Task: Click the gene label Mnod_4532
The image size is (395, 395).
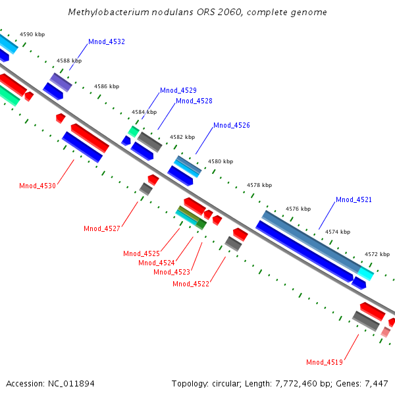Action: click(107, 41)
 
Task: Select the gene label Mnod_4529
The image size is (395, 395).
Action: click(178, 90)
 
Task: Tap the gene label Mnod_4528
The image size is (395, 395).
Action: click(194, 101)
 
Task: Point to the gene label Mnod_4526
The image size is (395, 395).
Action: click(232, 125)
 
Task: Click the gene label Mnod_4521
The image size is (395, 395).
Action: click(354, 199)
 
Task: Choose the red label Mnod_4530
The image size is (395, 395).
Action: click(38, 186)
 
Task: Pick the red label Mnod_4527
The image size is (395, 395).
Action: click(102, 228)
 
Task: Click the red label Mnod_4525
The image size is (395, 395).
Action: click(142, 253)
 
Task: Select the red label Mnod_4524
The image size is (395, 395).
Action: click(157, 263)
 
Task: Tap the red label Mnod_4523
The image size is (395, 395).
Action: click(172, 272)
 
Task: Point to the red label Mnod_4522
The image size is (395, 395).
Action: click(191, 284)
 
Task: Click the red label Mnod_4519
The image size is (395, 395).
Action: click(325, 361)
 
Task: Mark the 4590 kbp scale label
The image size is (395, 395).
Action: click(32, 34)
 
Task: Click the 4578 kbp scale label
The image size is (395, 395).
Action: click(259, 186)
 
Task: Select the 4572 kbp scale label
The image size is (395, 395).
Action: click(377, 254)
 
